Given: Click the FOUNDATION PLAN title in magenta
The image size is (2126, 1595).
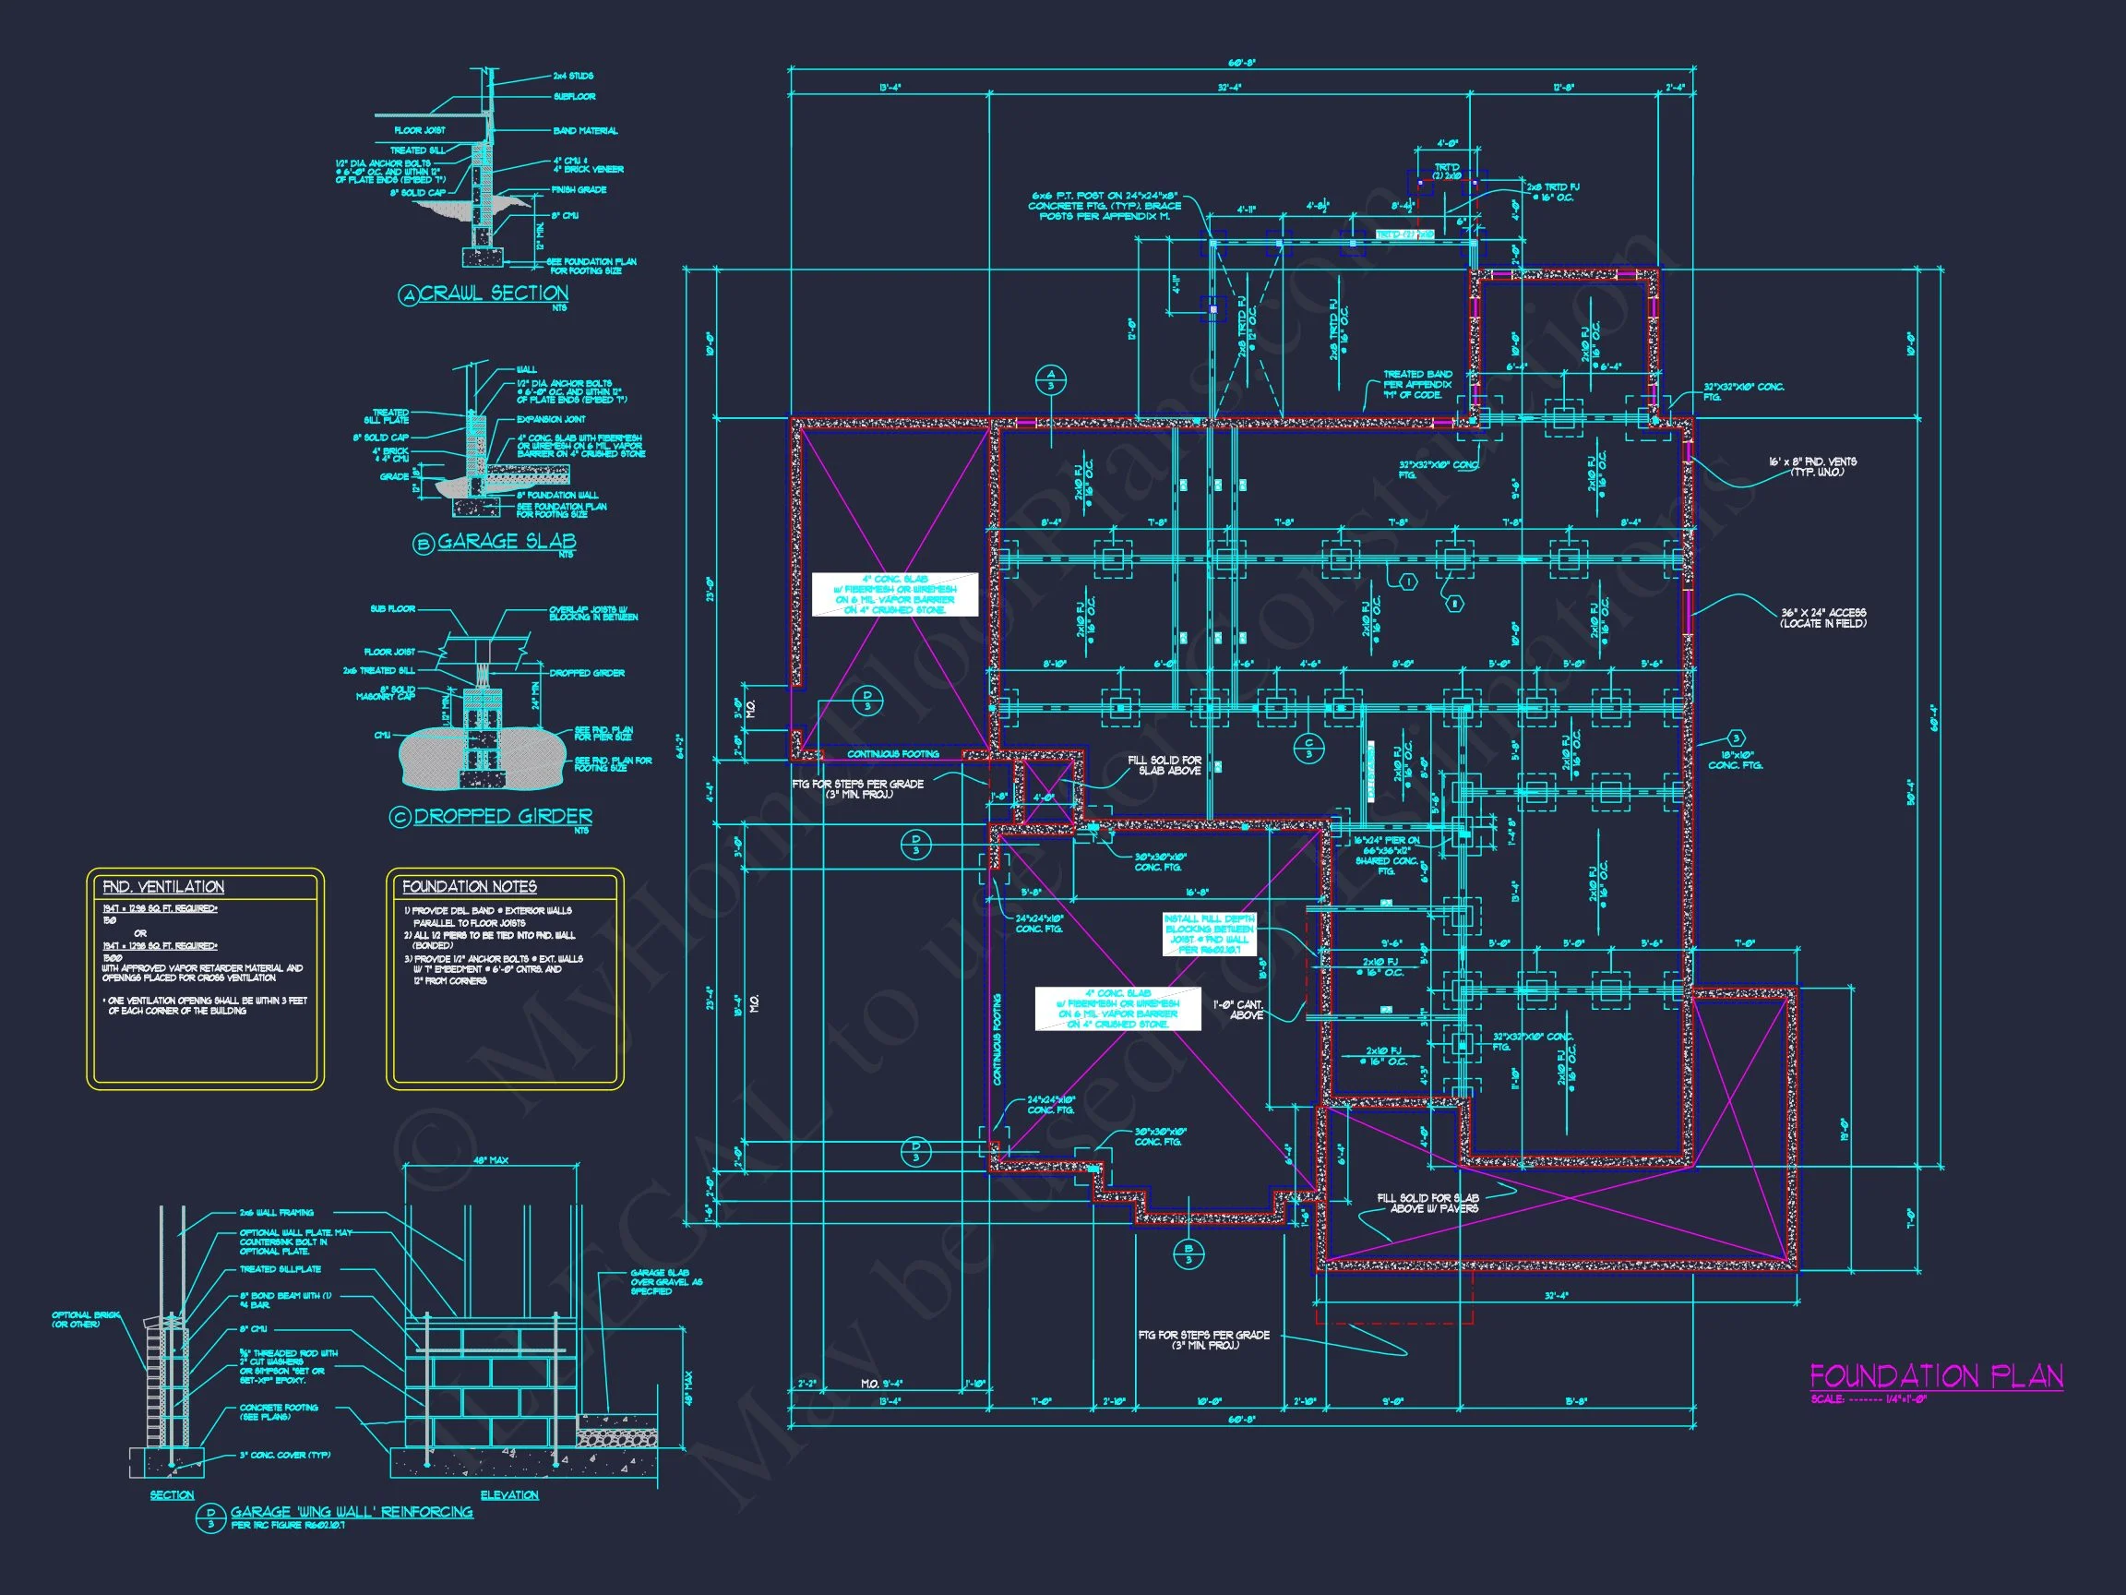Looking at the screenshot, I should click(1936, 1376).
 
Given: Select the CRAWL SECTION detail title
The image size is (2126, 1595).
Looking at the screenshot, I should click(493, 294).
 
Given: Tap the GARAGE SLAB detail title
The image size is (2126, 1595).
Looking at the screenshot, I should click(507, 541).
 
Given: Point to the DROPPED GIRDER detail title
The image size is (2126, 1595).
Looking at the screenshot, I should click(503, 816).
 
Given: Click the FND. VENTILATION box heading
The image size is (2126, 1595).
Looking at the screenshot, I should click(163, 886).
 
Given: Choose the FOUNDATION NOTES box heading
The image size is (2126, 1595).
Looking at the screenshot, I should click(469, 886).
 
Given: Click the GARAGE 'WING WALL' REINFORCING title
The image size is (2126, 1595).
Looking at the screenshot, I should click(351, 1511).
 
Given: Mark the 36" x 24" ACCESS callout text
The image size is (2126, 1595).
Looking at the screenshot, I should click(1822, 618).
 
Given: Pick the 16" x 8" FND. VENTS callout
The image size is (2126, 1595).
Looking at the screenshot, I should click(1810, 466).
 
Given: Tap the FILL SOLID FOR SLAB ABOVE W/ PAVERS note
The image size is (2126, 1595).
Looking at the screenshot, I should click(1427, 1203).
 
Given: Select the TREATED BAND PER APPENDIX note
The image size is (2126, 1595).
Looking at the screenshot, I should click(1416, 385).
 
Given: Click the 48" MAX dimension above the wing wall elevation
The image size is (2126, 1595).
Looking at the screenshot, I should click(490, 1160).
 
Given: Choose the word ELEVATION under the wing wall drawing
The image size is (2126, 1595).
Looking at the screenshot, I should click(509, 1494).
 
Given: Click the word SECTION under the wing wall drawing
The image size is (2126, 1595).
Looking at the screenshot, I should click(172, 1495).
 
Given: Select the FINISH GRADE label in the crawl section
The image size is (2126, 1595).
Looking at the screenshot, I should click(579, 189).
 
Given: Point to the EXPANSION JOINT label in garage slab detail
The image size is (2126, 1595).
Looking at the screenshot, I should click(551, 419).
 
